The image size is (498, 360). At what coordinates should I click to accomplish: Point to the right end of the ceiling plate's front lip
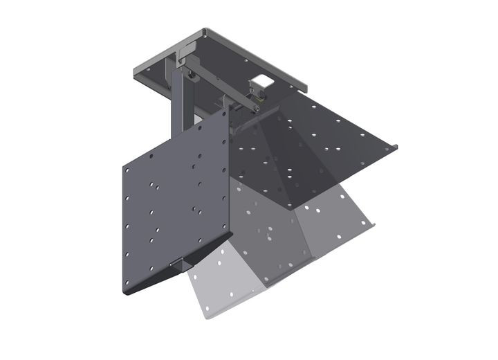(304, 89)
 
